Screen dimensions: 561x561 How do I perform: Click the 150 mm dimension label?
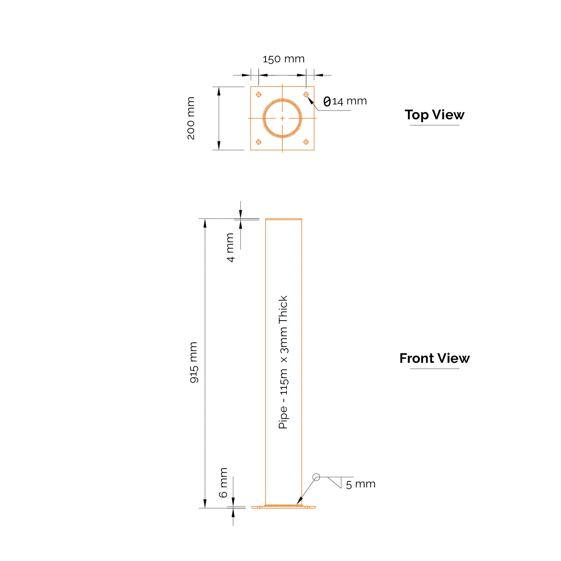tap(284, 59)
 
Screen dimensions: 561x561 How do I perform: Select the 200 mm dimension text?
tap(191, 118)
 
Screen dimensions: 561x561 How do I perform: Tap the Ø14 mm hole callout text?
tap(345, 101)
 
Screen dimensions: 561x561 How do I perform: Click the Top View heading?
tap(435, 115)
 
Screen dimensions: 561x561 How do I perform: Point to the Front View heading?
tap(435, 358)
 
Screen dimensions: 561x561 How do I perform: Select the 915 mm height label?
tap(193, 362)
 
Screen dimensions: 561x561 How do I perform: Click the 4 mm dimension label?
tap(230, 247)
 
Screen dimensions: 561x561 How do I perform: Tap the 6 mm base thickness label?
tap(223, 483)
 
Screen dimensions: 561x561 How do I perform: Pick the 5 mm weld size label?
tap(360, 484)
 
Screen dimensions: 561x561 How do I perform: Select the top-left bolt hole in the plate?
tap(259, 95)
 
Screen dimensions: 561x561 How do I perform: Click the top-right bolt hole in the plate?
tap(306, 95)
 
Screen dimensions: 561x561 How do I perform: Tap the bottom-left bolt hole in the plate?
tap(259, 142)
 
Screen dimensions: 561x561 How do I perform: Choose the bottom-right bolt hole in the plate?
tap(306, 142)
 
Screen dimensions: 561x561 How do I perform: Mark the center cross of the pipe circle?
tap(282, 118)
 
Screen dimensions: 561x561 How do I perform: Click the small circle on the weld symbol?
tap(316, 477)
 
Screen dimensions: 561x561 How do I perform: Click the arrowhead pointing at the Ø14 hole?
tap(310, 101)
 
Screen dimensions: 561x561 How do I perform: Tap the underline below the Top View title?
tap(435, 125)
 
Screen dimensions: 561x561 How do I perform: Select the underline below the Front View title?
tap(435, 369)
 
